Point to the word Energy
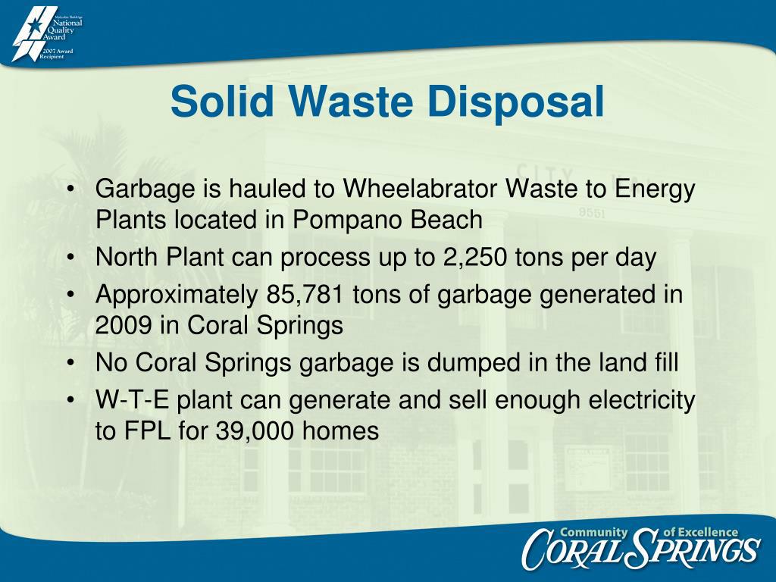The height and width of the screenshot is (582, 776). point(654,189)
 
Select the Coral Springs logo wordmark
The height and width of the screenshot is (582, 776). point(640,549)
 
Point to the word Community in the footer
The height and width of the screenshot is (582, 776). point(593,532)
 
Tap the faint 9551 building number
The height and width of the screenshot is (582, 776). point(592,213)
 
